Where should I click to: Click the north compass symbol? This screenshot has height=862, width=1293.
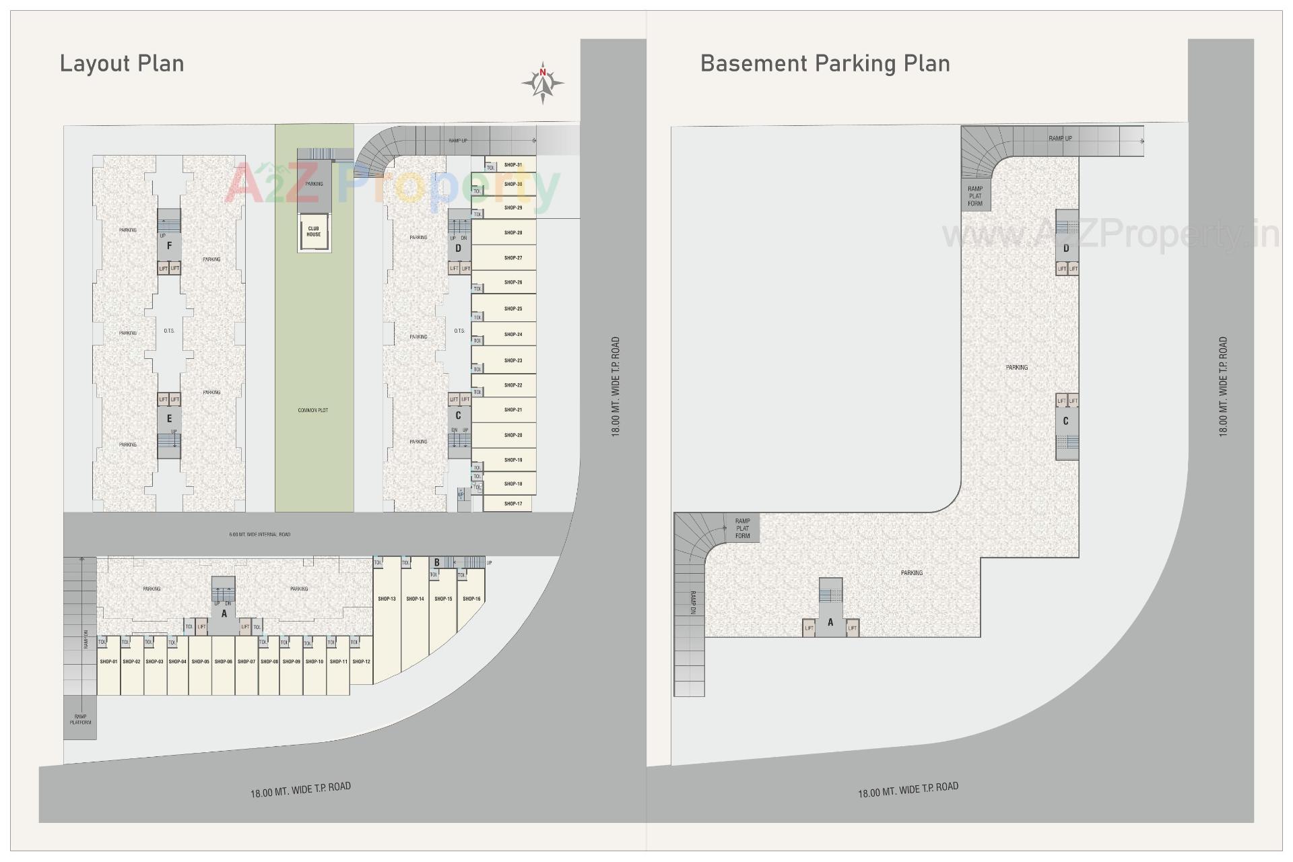point(542,83)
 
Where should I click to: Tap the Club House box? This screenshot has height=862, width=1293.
point(314,232)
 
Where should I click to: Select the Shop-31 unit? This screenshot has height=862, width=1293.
point(512,164)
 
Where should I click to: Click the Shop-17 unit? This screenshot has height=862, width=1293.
point(512,504)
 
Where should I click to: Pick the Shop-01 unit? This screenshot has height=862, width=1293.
point(108,663)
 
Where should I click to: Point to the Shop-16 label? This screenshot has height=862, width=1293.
point(471,599)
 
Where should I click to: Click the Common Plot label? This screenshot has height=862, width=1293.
point(312,410)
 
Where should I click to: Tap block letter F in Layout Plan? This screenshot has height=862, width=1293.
point(169,246)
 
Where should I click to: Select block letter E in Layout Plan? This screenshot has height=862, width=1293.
point(169,418)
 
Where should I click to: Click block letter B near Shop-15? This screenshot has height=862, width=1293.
point(437,562)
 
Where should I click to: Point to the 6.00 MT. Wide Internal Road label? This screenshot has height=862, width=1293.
point(259,535)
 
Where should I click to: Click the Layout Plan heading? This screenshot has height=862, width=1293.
point(122,63)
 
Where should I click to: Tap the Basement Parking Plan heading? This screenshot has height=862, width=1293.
point(825,63)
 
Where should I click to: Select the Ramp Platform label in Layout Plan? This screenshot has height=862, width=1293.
point(80,719)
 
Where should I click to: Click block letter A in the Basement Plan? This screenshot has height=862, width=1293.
point(830,622)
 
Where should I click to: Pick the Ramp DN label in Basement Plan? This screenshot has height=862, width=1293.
point(692,603)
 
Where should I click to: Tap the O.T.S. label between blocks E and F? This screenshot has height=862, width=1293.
point(169,331)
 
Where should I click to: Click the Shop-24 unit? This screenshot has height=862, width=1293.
point(512,334)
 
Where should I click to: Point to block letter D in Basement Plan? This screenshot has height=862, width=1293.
point(1066,248)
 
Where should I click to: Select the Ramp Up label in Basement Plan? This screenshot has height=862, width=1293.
point(1060,138)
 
